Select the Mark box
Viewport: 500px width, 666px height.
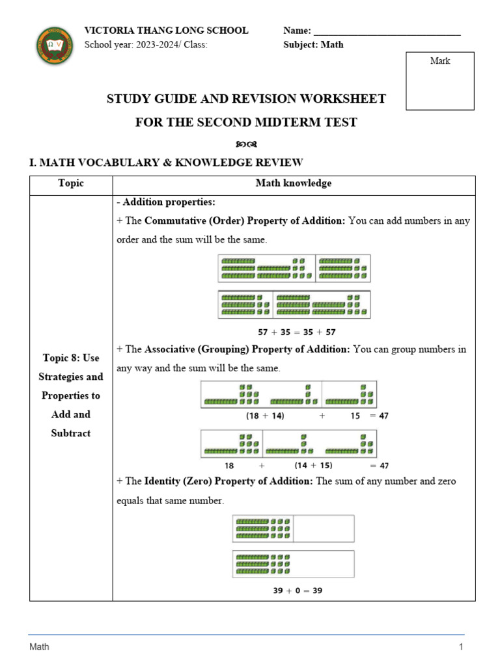[440, 81]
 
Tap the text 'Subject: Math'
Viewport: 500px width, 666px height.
[313, 45]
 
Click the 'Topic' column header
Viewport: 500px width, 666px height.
[71, 183]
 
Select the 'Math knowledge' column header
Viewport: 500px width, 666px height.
[293, 183]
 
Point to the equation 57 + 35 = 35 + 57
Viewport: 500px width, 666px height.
[297, 331]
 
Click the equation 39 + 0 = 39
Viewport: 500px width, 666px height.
[297, 591]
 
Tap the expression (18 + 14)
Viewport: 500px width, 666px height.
[265, 416]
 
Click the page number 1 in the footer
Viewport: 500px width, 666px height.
[461, 646]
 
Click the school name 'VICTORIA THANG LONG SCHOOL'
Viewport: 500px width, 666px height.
[166, 30]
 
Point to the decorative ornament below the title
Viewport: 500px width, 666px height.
[246, 143]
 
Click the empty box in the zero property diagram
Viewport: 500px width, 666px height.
[324, 528]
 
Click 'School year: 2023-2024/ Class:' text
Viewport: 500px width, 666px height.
[146, 45]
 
